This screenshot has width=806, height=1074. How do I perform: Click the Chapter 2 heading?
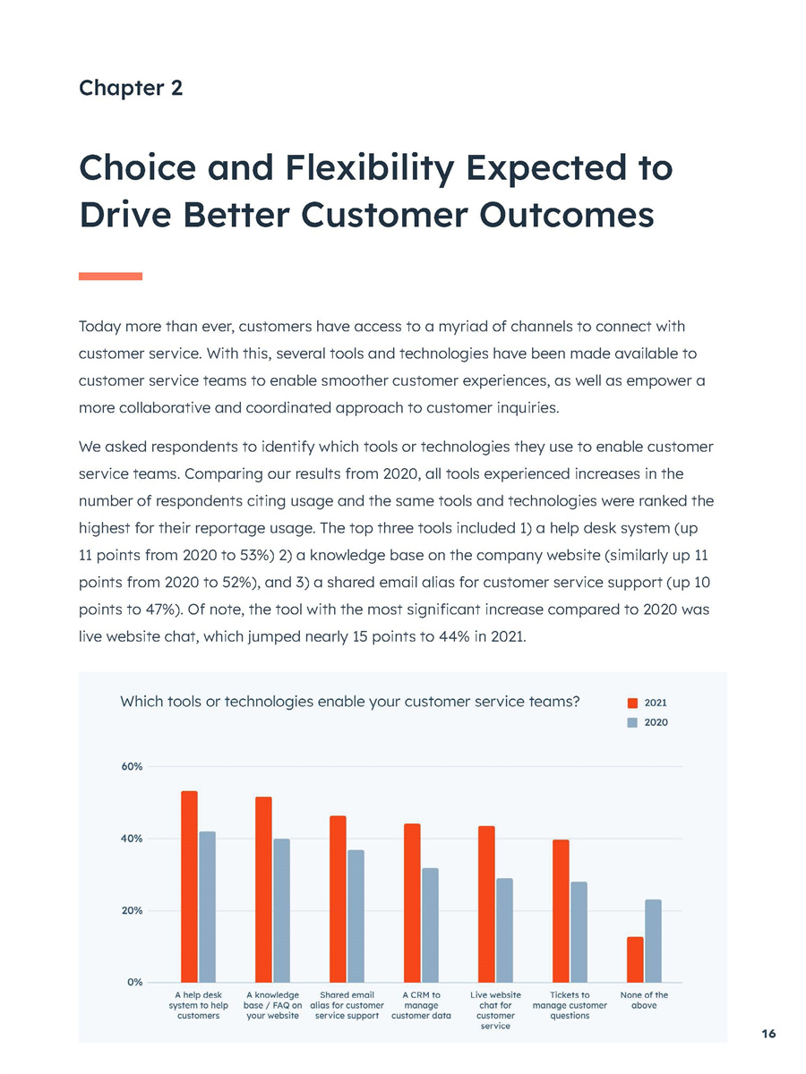(x=131, y=88)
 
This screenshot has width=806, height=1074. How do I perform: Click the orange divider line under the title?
(x=110, y=276)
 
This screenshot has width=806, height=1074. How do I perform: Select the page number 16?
(x=768, y=1034)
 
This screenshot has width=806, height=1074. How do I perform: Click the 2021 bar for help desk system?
(x=189, y=886)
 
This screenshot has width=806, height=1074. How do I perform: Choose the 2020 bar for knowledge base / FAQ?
(x=282, y=910)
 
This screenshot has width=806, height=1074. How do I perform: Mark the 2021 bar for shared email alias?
(x=338, y=899)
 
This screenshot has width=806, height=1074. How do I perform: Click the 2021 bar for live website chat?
(x=486, y=904)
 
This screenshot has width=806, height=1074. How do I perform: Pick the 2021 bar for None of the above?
(x=635, y=959)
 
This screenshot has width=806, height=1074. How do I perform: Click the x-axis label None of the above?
(x=644, y=1000)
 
